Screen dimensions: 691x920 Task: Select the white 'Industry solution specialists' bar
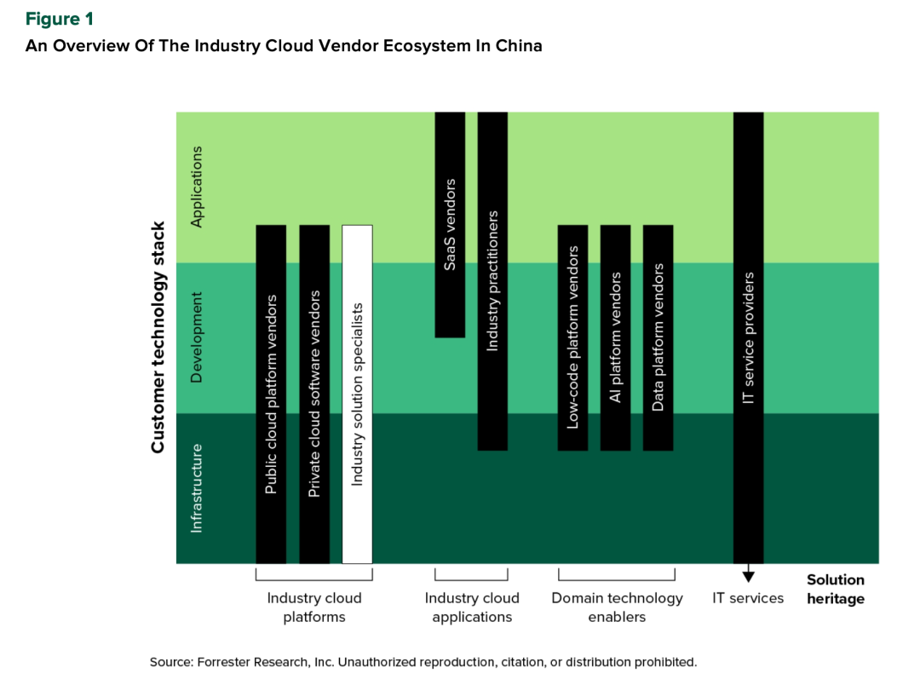(357, 394)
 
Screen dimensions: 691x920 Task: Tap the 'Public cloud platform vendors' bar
(271, 394)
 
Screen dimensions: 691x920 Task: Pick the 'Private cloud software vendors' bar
(314, 394)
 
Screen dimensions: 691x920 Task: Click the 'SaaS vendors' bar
(450, 225)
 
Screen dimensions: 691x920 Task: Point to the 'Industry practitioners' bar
(492, 281)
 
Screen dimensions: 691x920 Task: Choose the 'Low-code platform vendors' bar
(572, 337)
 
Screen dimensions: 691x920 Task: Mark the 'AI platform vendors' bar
(615, 337)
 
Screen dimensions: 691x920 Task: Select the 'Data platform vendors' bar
(658, 337)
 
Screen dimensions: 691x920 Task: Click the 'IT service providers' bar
(748, 337)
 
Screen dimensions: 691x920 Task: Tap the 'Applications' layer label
(197, 187)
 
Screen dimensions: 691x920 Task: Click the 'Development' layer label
(197, 337)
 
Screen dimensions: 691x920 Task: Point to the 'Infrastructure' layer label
(197, 488)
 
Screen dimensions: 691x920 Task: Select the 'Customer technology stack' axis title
(158, 337)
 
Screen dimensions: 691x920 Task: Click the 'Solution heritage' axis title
(835, 589)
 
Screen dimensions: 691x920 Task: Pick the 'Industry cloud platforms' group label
(314, 607)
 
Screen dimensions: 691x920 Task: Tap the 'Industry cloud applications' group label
(471, 607)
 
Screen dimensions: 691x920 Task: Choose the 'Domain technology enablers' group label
(617, 607)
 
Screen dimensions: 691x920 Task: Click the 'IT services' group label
(748, 598)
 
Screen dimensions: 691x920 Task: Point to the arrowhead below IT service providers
(748, 574)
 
